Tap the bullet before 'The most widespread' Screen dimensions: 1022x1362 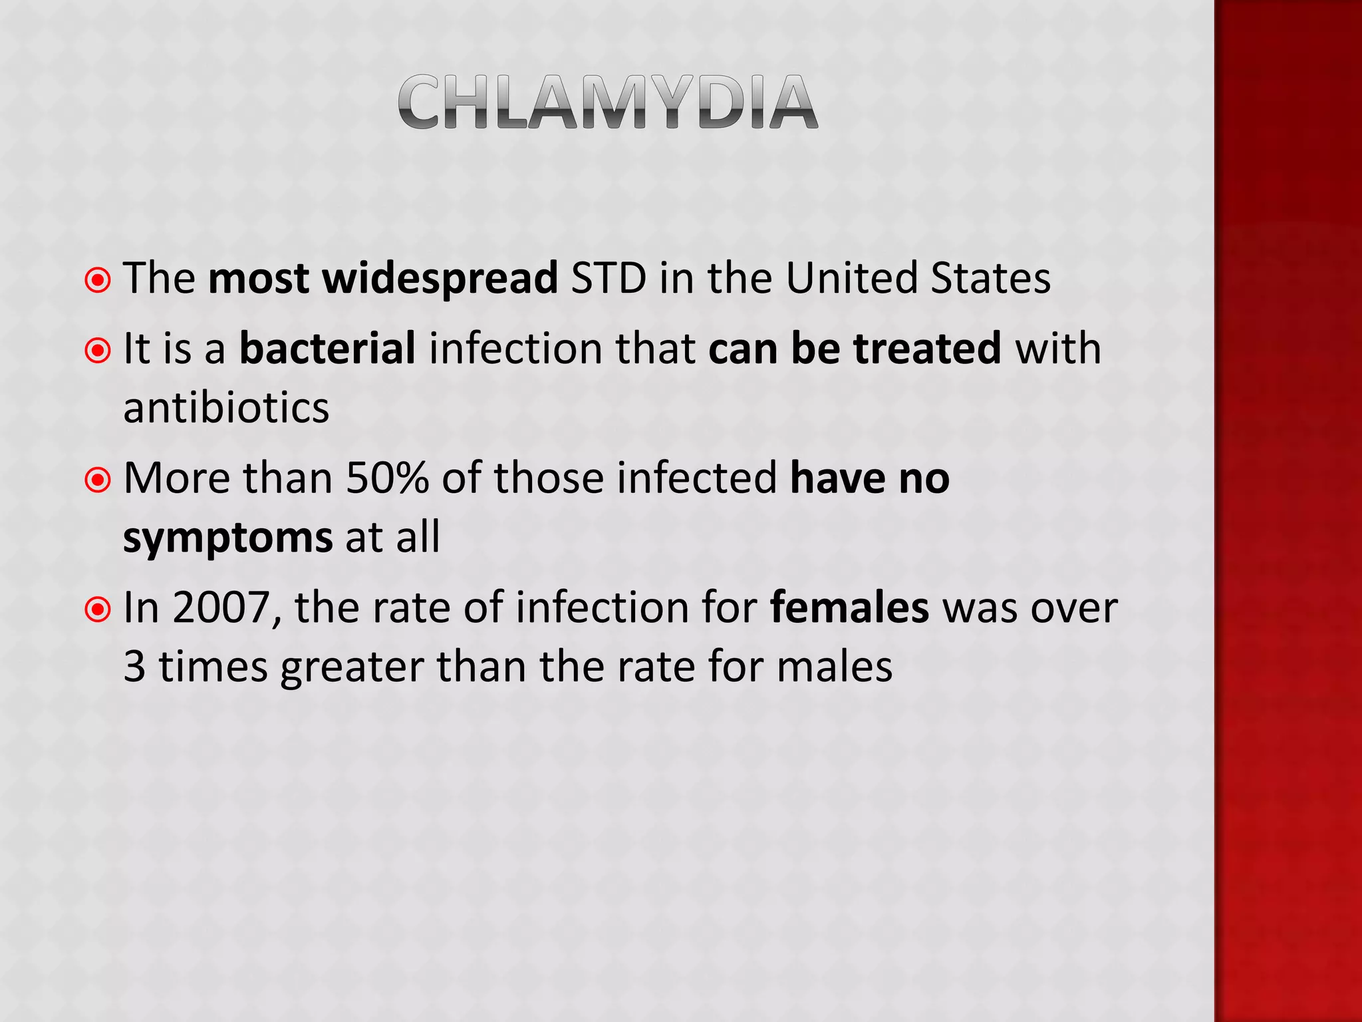pyautogui.click(x=98, y=280)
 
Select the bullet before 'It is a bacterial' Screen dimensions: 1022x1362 pyautogui.click(x=98, y=350)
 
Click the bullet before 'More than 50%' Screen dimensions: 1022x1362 pyautogui.click(x=98, y=480)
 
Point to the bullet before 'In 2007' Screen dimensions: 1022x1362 pyautogui.click(x=98, y=609)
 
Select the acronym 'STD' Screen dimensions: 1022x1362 pyautogui.click(x=608, y=277)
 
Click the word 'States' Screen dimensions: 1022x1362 pyautogui.click(x=990, y=277)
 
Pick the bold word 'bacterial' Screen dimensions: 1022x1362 pyautogui.click(x=327, y=348)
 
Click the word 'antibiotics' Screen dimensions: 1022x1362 pyautogui.click(x=226, y=407)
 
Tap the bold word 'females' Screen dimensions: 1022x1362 pyautogui.click(x=849, y=607)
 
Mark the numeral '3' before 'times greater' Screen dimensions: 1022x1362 pyautogui.click(x=134, y=667)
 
